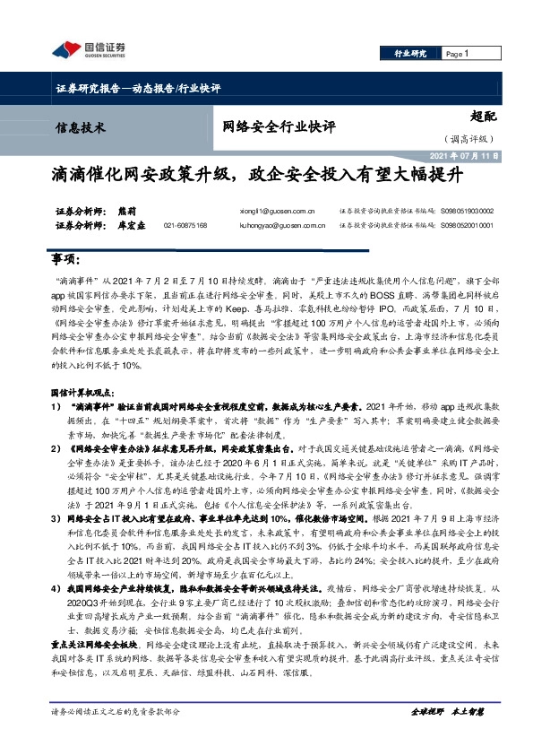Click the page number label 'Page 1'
tap(458, 54)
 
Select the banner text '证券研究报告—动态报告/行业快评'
tap(132, 88)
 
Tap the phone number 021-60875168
tap(185, 226)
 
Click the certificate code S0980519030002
tap(467, 213)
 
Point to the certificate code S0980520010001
tap(467, 226)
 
